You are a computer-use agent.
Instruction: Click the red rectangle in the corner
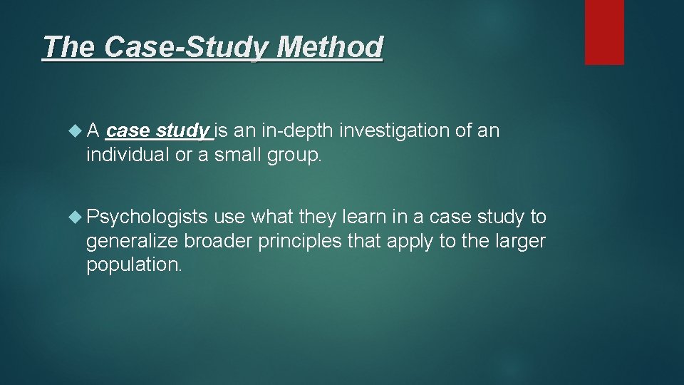click(604, 32)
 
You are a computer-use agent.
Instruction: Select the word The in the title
click(69, 48)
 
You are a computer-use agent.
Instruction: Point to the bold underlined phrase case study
click(157, 131)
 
